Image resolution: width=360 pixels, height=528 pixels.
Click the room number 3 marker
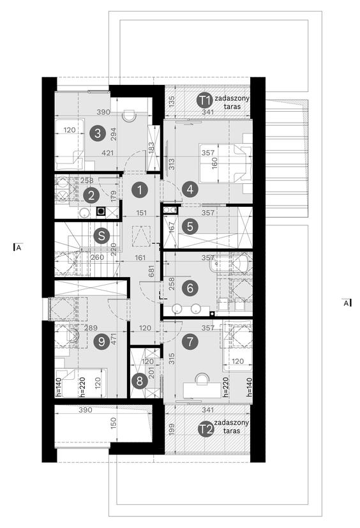pos(98,133)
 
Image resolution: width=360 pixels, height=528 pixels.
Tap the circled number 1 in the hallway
pos(140,190)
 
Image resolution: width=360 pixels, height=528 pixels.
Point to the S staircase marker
pos(101,236)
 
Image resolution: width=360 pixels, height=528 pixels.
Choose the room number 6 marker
pos(190,288)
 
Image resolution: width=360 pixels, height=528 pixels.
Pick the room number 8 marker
pos(139,381)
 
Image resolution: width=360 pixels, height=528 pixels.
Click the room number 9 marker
pos(101,342)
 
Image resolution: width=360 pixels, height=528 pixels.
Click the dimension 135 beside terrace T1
pos(171,102)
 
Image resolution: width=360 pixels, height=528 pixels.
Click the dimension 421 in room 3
pos(108,153)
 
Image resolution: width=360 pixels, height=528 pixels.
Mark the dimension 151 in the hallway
pos(142,213)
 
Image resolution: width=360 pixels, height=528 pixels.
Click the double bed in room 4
pos(225,163)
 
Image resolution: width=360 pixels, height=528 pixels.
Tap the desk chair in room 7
pos(202,379)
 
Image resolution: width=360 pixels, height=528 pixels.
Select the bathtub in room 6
pos(231,263)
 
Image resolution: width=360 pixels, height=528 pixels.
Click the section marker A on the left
pos(17,248)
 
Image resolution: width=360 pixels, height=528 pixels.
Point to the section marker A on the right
pos(347,303)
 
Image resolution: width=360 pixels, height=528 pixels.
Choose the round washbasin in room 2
pos(84,212)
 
